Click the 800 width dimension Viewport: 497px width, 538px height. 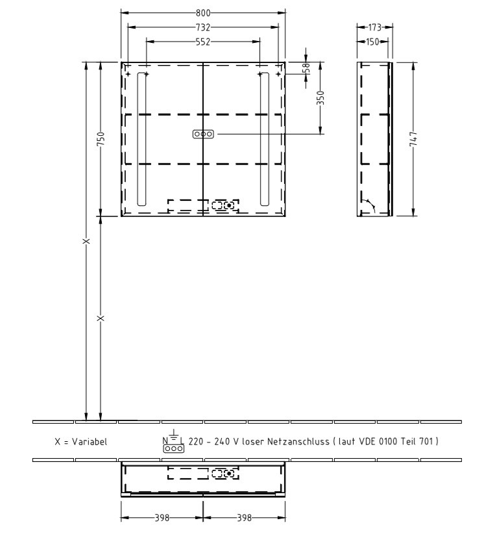click(x=203, y=12)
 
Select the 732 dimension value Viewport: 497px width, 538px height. click(x=203, y=27)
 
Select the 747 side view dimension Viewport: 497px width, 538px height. click(x=413, y=139)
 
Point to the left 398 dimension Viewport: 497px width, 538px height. click(x=162, y=519)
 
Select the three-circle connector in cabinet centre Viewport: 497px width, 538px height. click(x=203, y=134)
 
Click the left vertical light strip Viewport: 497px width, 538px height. click(x=141, y=139)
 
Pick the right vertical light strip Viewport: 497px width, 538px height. click(x=264, y=139)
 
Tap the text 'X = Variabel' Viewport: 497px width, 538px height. click(x=81, y=442)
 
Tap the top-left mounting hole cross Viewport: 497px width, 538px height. click(x=128, y=75)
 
